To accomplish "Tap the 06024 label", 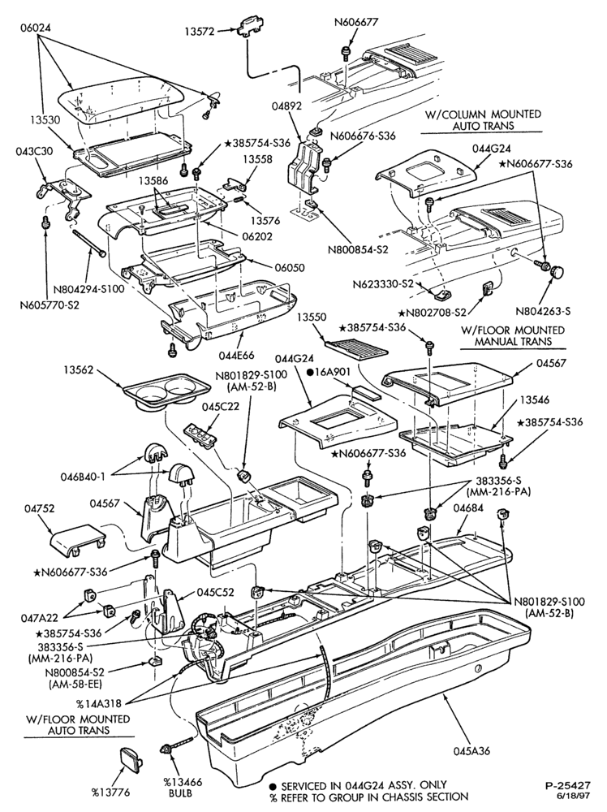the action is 36,28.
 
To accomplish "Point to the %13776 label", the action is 111,793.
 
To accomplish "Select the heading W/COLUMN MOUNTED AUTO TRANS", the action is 483,119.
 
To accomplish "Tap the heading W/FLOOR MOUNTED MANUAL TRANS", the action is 512,335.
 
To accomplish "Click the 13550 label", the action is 312,317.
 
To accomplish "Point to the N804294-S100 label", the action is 93,289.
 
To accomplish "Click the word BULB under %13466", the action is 181,793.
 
